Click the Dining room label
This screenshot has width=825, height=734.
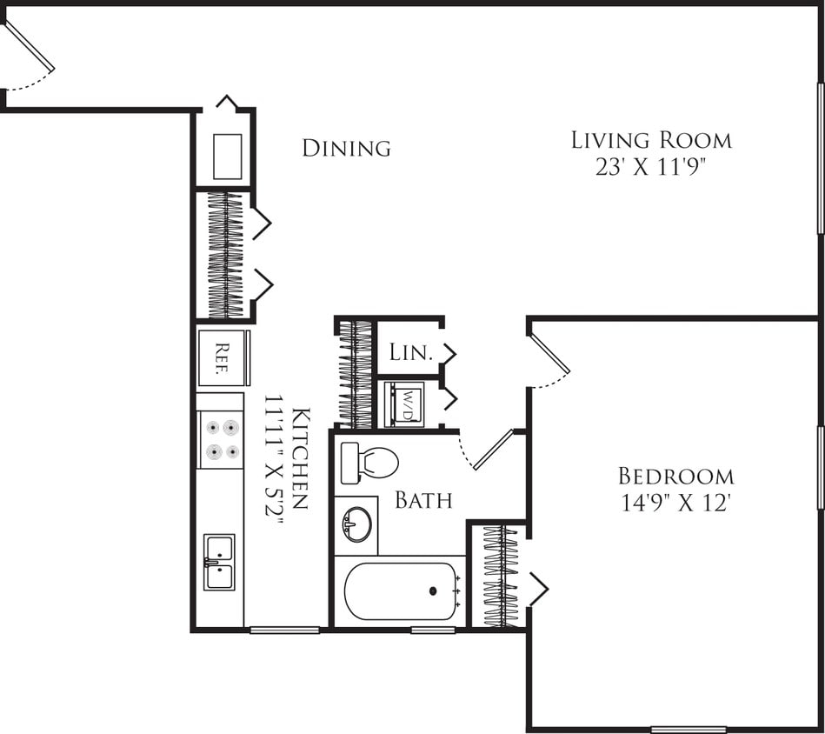[346, 149]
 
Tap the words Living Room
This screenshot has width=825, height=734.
[651, 140]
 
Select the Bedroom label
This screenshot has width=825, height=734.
[675, 477]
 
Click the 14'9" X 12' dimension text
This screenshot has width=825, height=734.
[675, 504]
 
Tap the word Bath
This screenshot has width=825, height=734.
[423, 500]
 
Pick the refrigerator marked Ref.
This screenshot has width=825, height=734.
[223, 357]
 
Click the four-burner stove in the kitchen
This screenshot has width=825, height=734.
[220, 439]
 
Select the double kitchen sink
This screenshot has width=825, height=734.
[219, 562]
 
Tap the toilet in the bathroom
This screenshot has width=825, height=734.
[369, 463]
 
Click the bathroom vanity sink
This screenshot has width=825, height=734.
[356, 524]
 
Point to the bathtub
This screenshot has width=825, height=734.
[401, 591]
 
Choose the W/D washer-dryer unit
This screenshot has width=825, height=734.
[405, 404]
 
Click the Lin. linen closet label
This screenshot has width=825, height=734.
[410, 352]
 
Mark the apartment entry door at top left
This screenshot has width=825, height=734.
[29, 48]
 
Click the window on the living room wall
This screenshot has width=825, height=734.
[820, 158]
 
